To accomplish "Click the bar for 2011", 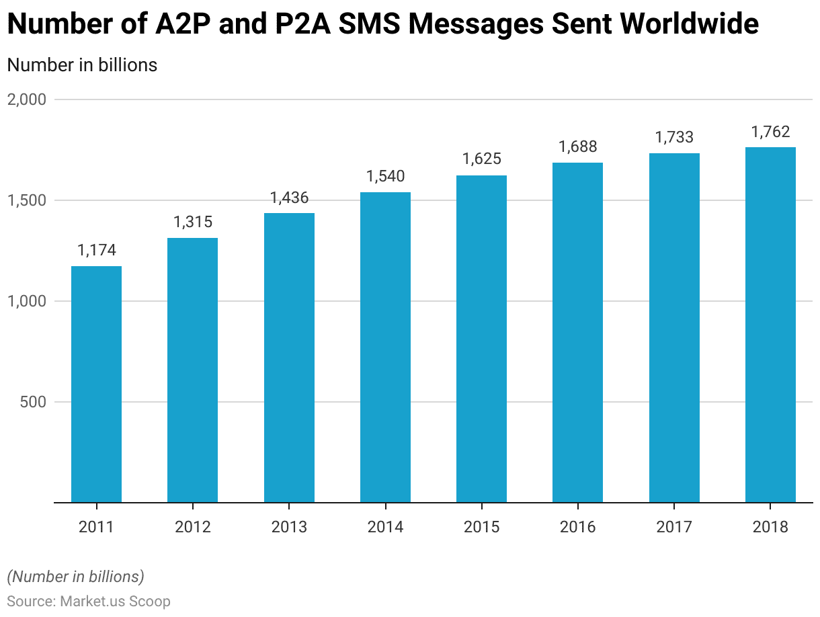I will [x=96, y=384].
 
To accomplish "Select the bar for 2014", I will [x=385, y=347].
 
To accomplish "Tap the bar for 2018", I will [x=770, y=325].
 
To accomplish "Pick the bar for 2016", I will [x=577, y=332].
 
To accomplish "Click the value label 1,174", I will [x=97, y=251].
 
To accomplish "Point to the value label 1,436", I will [x=289, y=198].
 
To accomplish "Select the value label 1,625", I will [x=481, y=160].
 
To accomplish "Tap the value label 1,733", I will [x=674, y=138].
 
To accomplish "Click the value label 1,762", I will [x=770, y=132].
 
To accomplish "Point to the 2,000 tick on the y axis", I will [x=26, y=99].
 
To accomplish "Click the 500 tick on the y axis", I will [x=33, y=402].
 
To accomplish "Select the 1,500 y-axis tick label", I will [x=26, y=200].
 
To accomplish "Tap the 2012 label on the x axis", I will [x=193, y=527].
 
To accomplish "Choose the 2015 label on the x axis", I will [x=481, y=527].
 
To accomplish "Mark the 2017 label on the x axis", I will [x=674, y=527].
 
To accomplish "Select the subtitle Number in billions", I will [x=82, y=65].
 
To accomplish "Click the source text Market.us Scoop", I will [x=115, y=601].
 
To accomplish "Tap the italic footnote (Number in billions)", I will [x=75, y=577].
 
